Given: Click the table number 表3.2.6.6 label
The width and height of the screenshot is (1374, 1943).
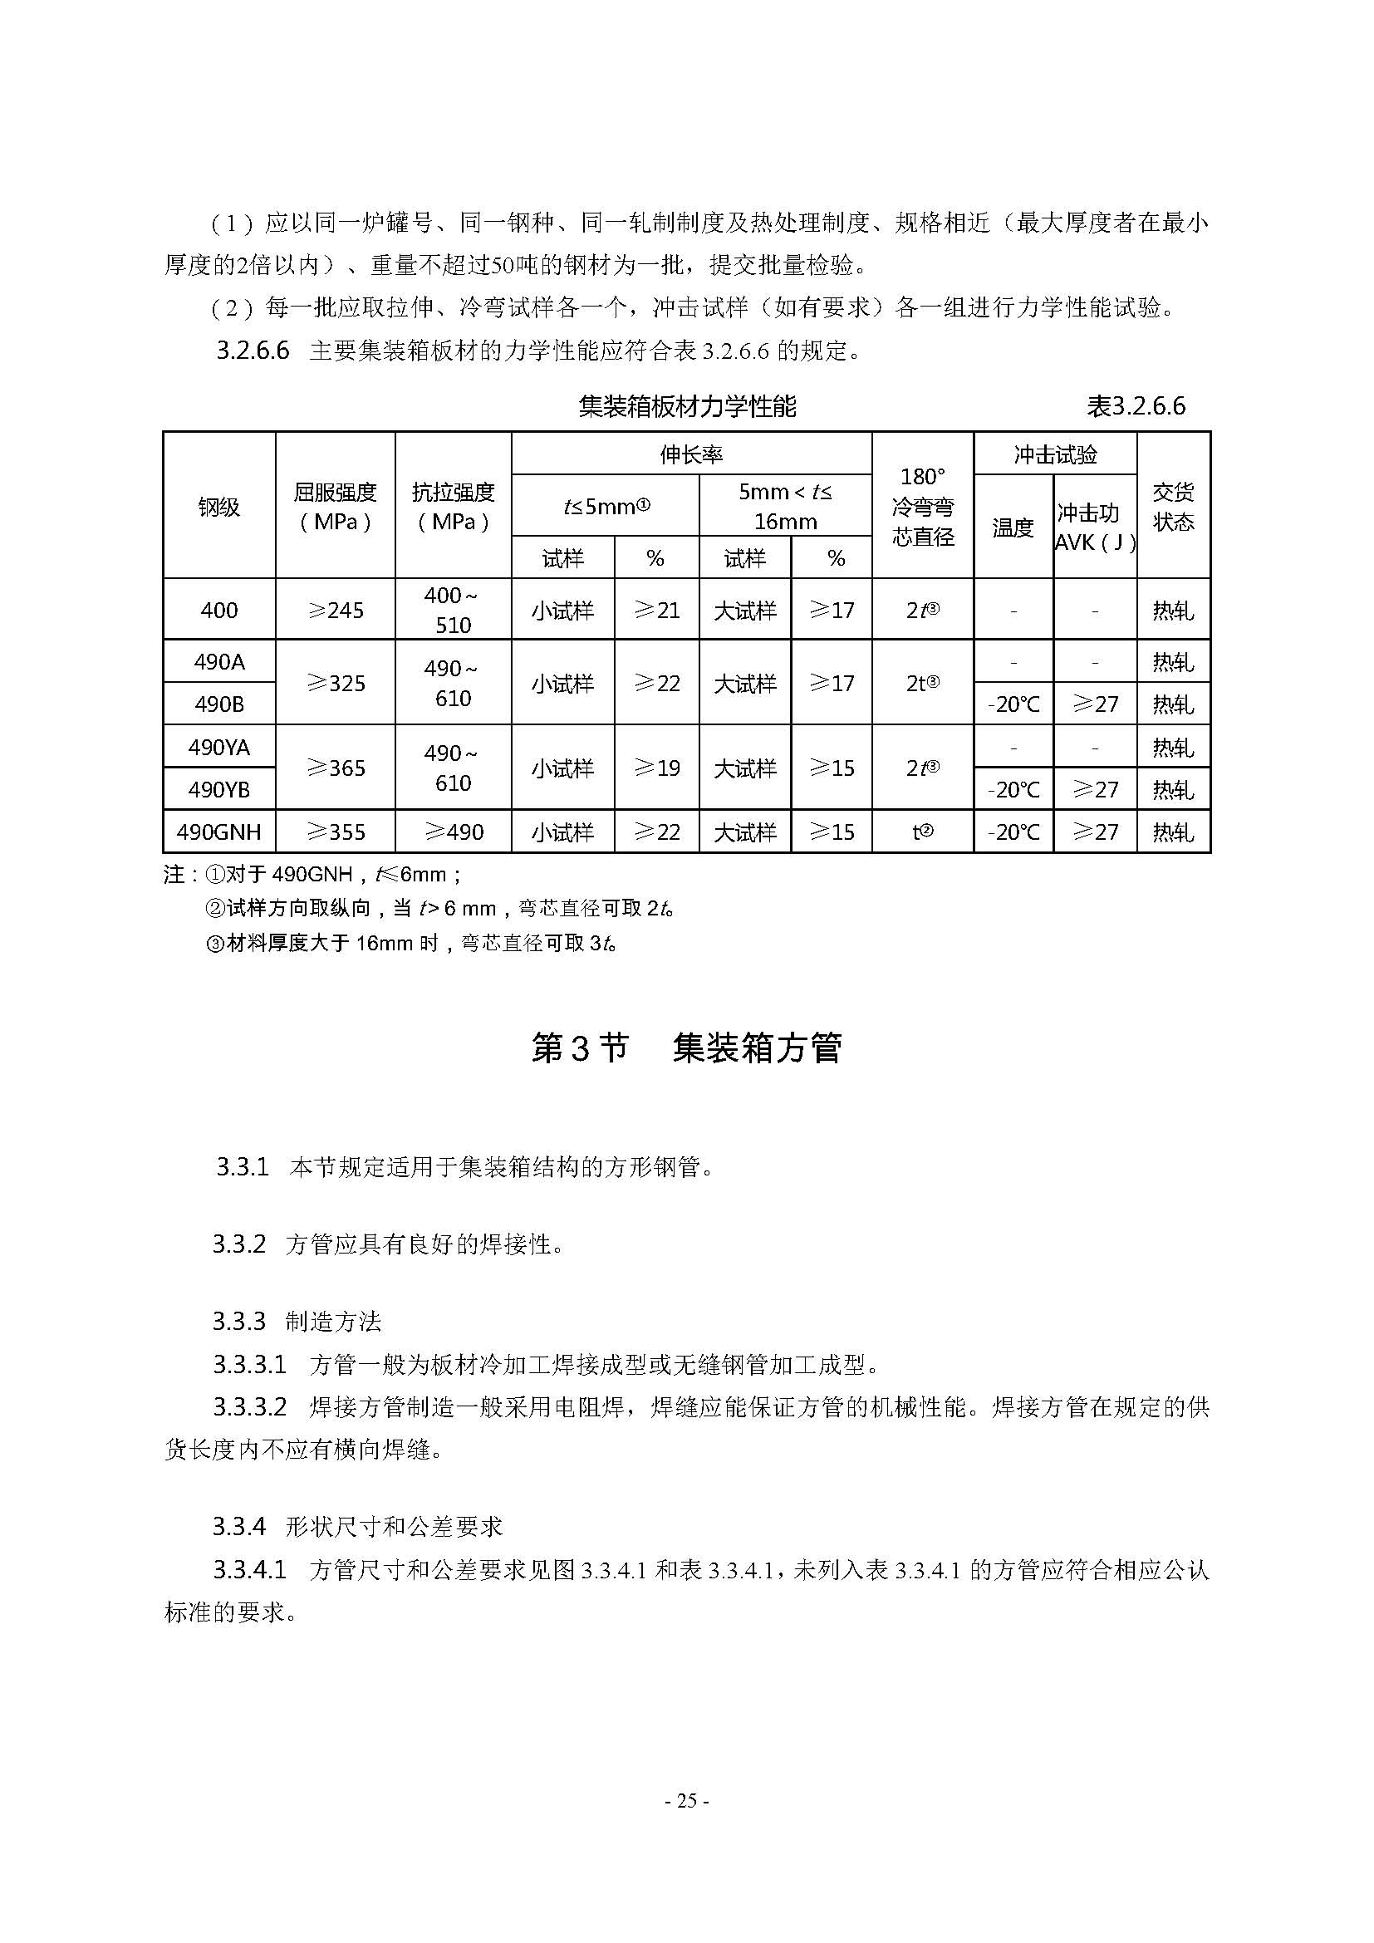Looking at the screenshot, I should click(x=1136, y=406).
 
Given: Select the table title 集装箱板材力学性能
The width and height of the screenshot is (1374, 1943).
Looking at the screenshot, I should click(x=687, y=407).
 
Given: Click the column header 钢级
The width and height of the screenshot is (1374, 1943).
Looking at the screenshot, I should click(x=219, y=507).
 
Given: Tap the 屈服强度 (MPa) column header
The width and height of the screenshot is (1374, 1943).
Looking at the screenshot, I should click(x=335, y=507).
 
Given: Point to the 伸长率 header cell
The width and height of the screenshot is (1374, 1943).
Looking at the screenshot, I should click(x=691, y=454).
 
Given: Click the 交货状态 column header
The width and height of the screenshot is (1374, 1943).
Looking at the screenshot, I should click(x=1173, y=507).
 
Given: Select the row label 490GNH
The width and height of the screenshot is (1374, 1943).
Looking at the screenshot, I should click(x=219, y=832).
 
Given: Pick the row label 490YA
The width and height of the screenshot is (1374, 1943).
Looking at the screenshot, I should click(x=219, y=748).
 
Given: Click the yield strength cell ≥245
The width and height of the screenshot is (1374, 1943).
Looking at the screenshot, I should click(x=335, y=611).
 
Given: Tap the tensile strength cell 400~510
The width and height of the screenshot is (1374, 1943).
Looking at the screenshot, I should click(x=453, y=611).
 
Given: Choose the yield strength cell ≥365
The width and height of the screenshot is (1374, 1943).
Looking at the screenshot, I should click(x=335, y=768).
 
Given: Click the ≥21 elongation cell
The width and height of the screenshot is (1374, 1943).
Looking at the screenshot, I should click(x=656, y=611).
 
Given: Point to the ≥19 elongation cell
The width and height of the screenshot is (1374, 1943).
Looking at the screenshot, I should click(x=656, y=768).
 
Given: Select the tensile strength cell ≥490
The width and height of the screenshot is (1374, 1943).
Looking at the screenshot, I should click(x=453, y=832).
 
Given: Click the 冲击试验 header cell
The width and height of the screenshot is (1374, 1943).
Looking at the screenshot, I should click(x=1055, y=454).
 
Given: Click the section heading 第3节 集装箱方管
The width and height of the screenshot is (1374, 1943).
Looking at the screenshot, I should click(x=686, y=1048).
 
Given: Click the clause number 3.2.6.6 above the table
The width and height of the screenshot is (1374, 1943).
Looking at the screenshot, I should click(x=253, y=351).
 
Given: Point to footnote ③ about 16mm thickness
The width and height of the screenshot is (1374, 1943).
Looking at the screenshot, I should click(x=411, y=943).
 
